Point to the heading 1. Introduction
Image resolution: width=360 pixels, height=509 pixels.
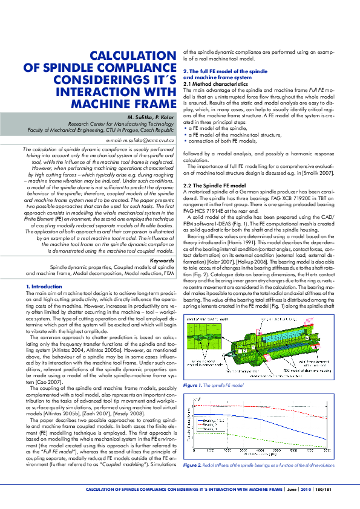click(x=45, y=286)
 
